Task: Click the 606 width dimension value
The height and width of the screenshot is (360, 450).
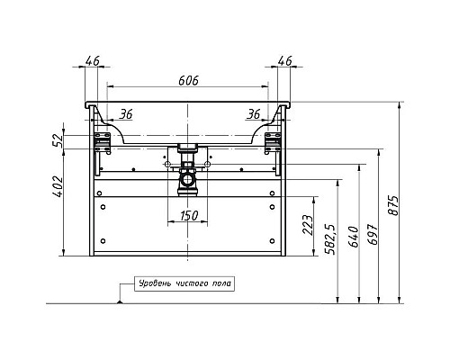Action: (x=188, y=80)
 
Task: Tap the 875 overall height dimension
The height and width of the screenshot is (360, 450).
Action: (x=393, y=205)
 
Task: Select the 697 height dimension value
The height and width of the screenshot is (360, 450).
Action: (x=373, y=234)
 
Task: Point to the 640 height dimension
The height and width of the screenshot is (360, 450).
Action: (x=354, y=237)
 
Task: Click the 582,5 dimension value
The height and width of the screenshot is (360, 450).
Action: (x=331, y=239)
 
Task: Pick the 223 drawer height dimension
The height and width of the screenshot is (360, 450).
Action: (x=308, y=225)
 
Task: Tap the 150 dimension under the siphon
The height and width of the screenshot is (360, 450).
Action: (x=189, y=215)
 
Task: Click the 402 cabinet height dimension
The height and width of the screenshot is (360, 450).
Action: (x=58, y=186)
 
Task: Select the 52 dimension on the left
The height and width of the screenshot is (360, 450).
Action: (x=58, y=140)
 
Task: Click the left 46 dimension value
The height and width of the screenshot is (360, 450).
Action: (x=92, y=61)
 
